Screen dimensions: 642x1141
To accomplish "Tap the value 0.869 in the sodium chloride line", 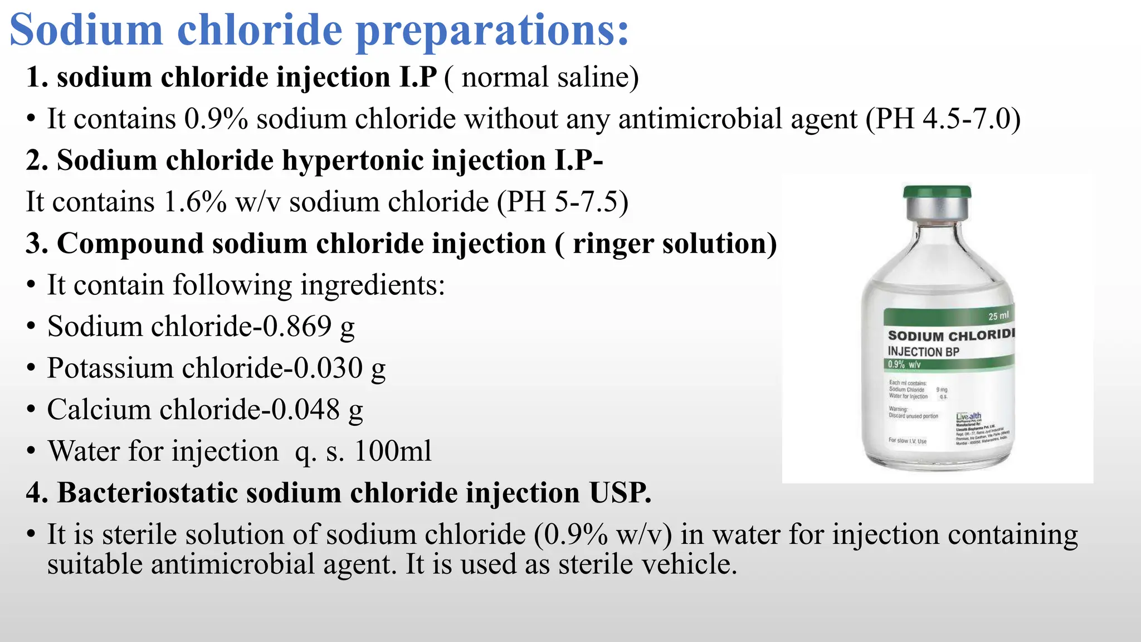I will click(x=297, y=327).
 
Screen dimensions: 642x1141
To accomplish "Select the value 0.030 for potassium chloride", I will click(x=328, y=368).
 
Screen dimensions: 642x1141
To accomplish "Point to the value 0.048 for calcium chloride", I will click(x=305, y=410).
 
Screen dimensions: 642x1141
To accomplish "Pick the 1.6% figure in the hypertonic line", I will click(x=195, y=202).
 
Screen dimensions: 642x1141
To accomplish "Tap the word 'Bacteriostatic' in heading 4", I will click(x=148, y=493).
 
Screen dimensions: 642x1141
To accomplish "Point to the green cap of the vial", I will click(x=937, y=192).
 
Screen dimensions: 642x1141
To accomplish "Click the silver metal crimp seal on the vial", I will click(x=937, y=211).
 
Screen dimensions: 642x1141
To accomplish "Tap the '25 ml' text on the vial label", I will click(x=998, y=316).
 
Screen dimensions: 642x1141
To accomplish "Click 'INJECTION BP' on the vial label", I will click(x=923, y=352).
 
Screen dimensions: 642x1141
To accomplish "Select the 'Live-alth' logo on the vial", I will click(x=968, y=416).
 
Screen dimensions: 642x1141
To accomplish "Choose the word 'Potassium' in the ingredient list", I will click(x=110, y=368).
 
